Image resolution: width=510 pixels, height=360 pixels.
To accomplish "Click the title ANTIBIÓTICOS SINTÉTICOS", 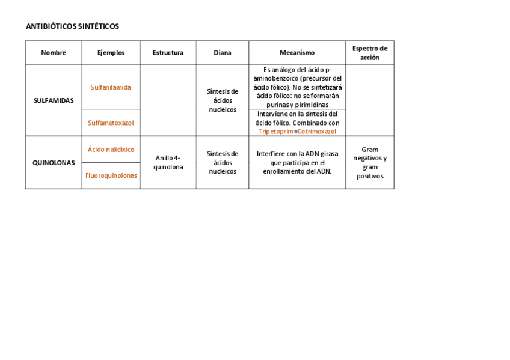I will click(72, 26).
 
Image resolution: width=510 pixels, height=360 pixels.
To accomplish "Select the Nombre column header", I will click(54, 53).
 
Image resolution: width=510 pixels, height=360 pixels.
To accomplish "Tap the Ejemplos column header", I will click(111, 53).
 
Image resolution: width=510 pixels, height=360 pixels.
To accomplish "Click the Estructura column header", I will click(168, 53).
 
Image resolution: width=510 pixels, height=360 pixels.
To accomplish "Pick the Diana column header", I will click(222, 53).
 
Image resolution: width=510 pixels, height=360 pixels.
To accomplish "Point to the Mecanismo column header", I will click(296, 53).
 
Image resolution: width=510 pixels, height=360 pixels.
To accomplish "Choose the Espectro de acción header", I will click(369, 53).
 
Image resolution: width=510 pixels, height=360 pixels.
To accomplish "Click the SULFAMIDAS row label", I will click(54, 100).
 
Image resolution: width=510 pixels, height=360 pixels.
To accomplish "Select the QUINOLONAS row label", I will click(54, 163).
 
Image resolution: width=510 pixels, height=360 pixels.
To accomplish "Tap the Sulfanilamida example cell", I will click(111, 87).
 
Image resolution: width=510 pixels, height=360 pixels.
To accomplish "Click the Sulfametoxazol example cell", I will click(111, 123).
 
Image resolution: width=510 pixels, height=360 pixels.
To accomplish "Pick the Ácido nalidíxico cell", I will click(111, 150).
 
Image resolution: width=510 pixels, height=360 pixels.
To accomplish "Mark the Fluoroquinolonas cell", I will click(111, 175).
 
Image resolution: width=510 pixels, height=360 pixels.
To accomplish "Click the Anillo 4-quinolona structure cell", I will click(168, 162).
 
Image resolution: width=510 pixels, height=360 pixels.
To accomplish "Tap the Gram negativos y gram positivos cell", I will click(369, 163).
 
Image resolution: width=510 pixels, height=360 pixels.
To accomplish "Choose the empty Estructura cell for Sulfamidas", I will click(168, 100).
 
